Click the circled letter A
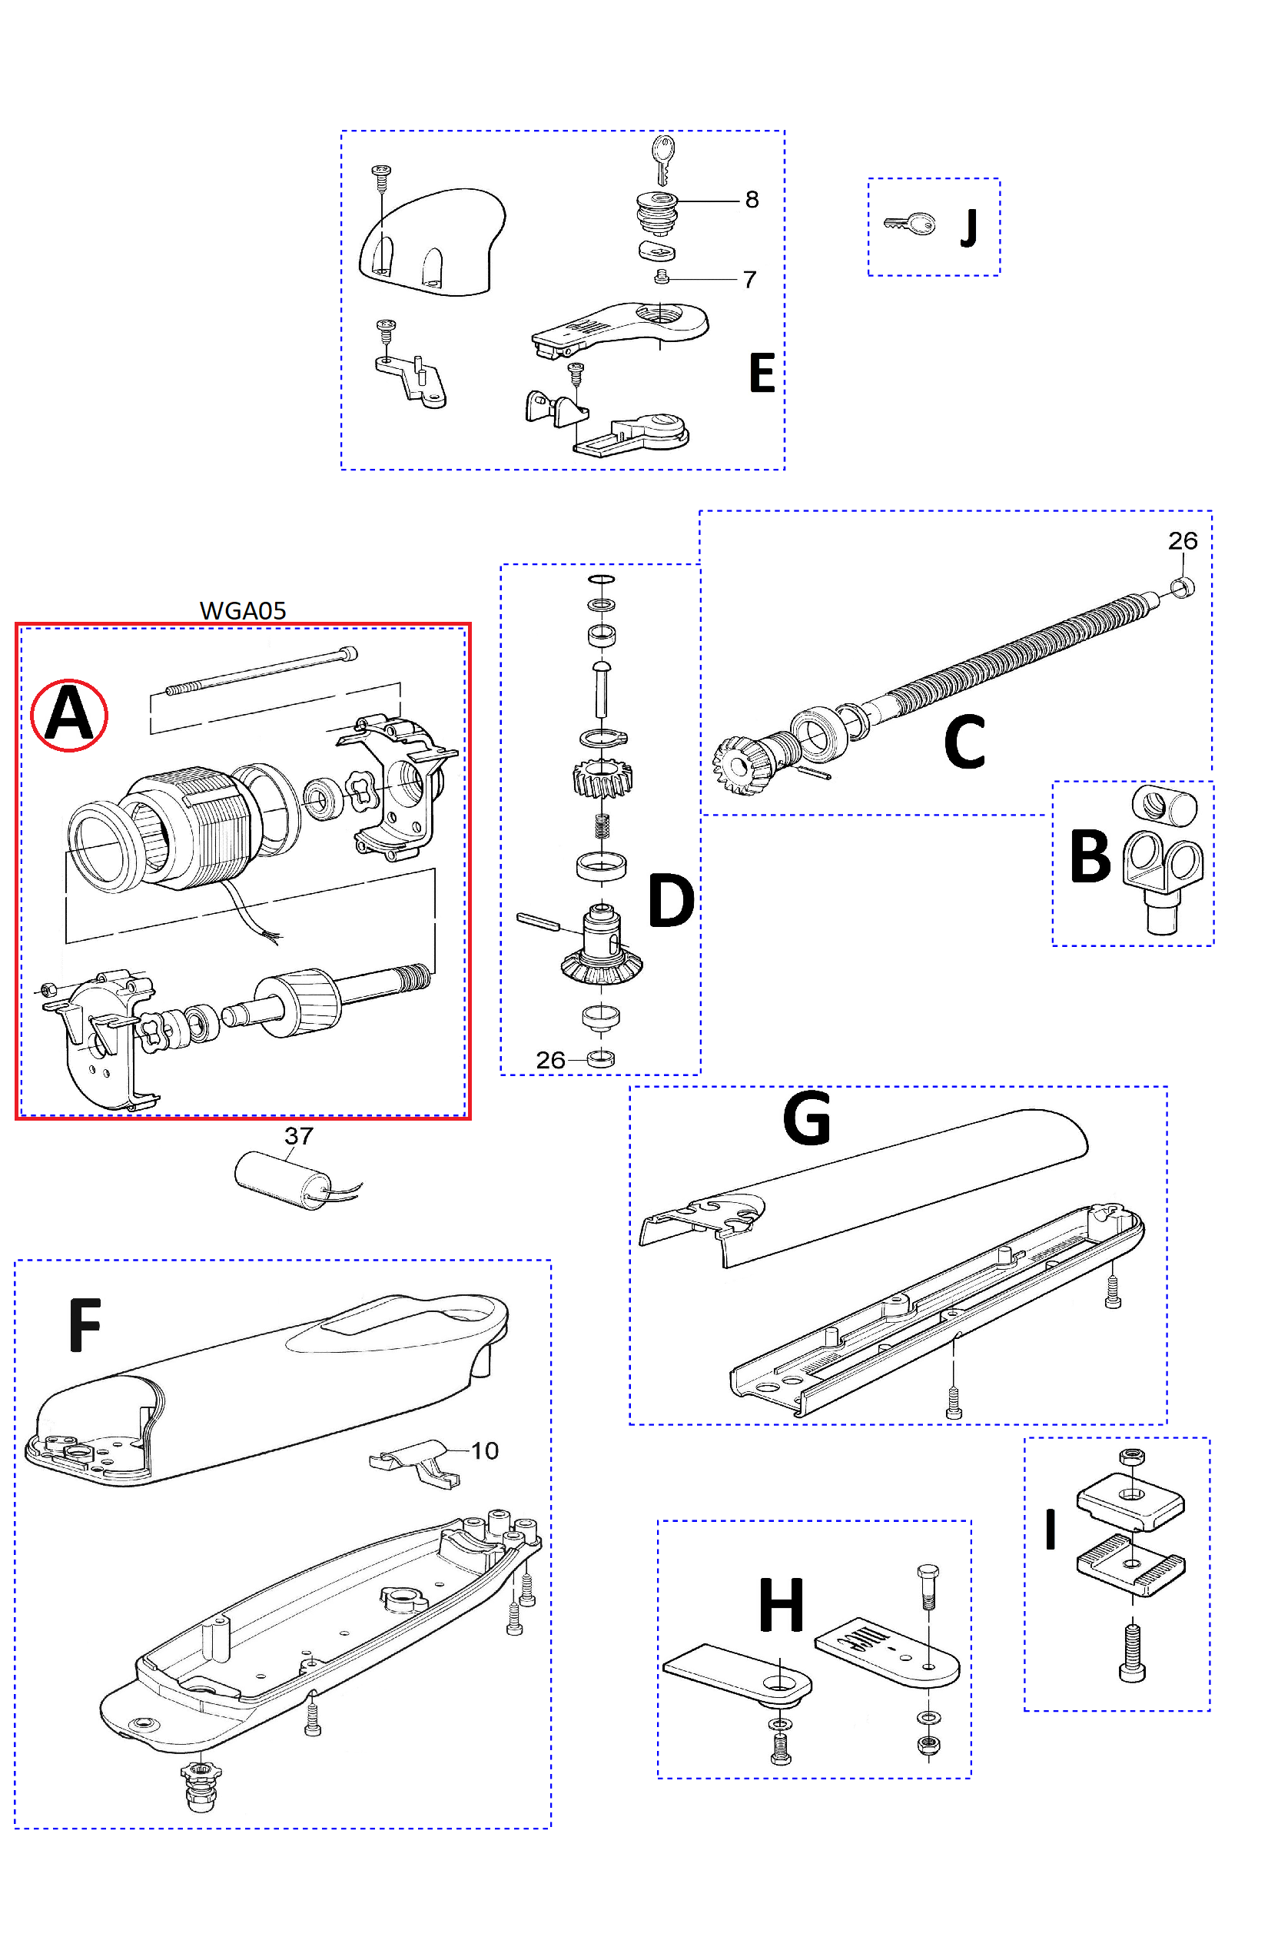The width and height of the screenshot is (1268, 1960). (69, 714)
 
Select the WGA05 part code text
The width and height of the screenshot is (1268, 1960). (243, 610)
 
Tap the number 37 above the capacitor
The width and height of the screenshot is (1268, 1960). (299, 1136)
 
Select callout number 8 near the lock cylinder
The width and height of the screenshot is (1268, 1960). (751, 199)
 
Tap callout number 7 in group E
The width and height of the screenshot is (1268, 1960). (749, 280)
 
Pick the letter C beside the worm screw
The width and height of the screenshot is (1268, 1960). (964, 741)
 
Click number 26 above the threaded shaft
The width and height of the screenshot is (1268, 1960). (1183, 540)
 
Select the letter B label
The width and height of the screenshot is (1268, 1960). (1090, 856)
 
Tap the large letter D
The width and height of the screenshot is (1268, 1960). (671, 900)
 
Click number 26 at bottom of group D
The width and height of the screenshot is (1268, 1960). (550, 1060)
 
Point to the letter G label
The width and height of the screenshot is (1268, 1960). (806, 1118)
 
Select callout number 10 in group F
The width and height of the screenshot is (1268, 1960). (484, 1450)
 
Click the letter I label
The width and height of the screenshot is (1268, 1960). (1050, 1530)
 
